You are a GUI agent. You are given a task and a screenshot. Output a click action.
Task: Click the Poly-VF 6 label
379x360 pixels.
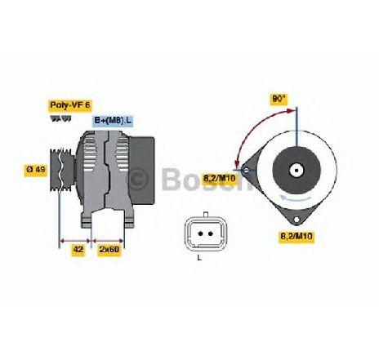coord(70,105)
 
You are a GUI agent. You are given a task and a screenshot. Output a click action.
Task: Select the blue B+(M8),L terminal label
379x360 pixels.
coord(113,121)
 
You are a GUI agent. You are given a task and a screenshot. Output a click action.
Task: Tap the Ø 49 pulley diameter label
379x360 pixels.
coord(36,170)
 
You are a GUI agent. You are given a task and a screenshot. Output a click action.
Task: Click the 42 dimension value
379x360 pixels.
coord(78,250)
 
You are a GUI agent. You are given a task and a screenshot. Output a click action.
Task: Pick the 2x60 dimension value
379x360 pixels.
coord(109,250)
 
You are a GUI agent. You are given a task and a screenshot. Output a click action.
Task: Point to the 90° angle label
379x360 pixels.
coord(279,99)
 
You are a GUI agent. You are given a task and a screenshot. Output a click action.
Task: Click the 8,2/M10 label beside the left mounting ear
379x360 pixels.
coord(220,179)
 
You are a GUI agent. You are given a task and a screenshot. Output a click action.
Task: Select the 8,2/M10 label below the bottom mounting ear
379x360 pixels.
coord(297,237)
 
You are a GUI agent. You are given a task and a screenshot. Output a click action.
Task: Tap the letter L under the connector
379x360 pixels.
coord(199,257)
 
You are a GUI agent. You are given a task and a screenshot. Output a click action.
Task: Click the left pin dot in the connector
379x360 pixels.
coord(201,233)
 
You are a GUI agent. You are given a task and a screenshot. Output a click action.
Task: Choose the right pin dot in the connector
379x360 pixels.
coord(210,233)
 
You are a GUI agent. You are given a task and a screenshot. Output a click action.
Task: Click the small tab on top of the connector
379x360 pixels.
coord(206,214)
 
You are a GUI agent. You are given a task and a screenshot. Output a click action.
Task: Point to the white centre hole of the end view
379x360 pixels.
coord(297,171)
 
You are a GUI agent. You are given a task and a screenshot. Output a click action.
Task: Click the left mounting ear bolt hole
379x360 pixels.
coord(246,171)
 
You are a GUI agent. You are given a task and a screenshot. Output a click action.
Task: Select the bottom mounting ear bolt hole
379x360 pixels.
coord(297,220)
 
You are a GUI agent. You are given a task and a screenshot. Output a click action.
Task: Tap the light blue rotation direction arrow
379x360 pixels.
coord(296,198)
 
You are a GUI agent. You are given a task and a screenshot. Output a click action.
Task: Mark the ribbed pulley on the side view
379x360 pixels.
coord(62,170)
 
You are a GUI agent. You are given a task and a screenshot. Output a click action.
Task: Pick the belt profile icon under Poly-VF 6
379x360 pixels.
coord(60,118)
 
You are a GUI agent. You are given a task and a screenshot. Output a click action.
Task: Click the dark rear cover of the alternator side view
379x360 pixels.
coord(141,171)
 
